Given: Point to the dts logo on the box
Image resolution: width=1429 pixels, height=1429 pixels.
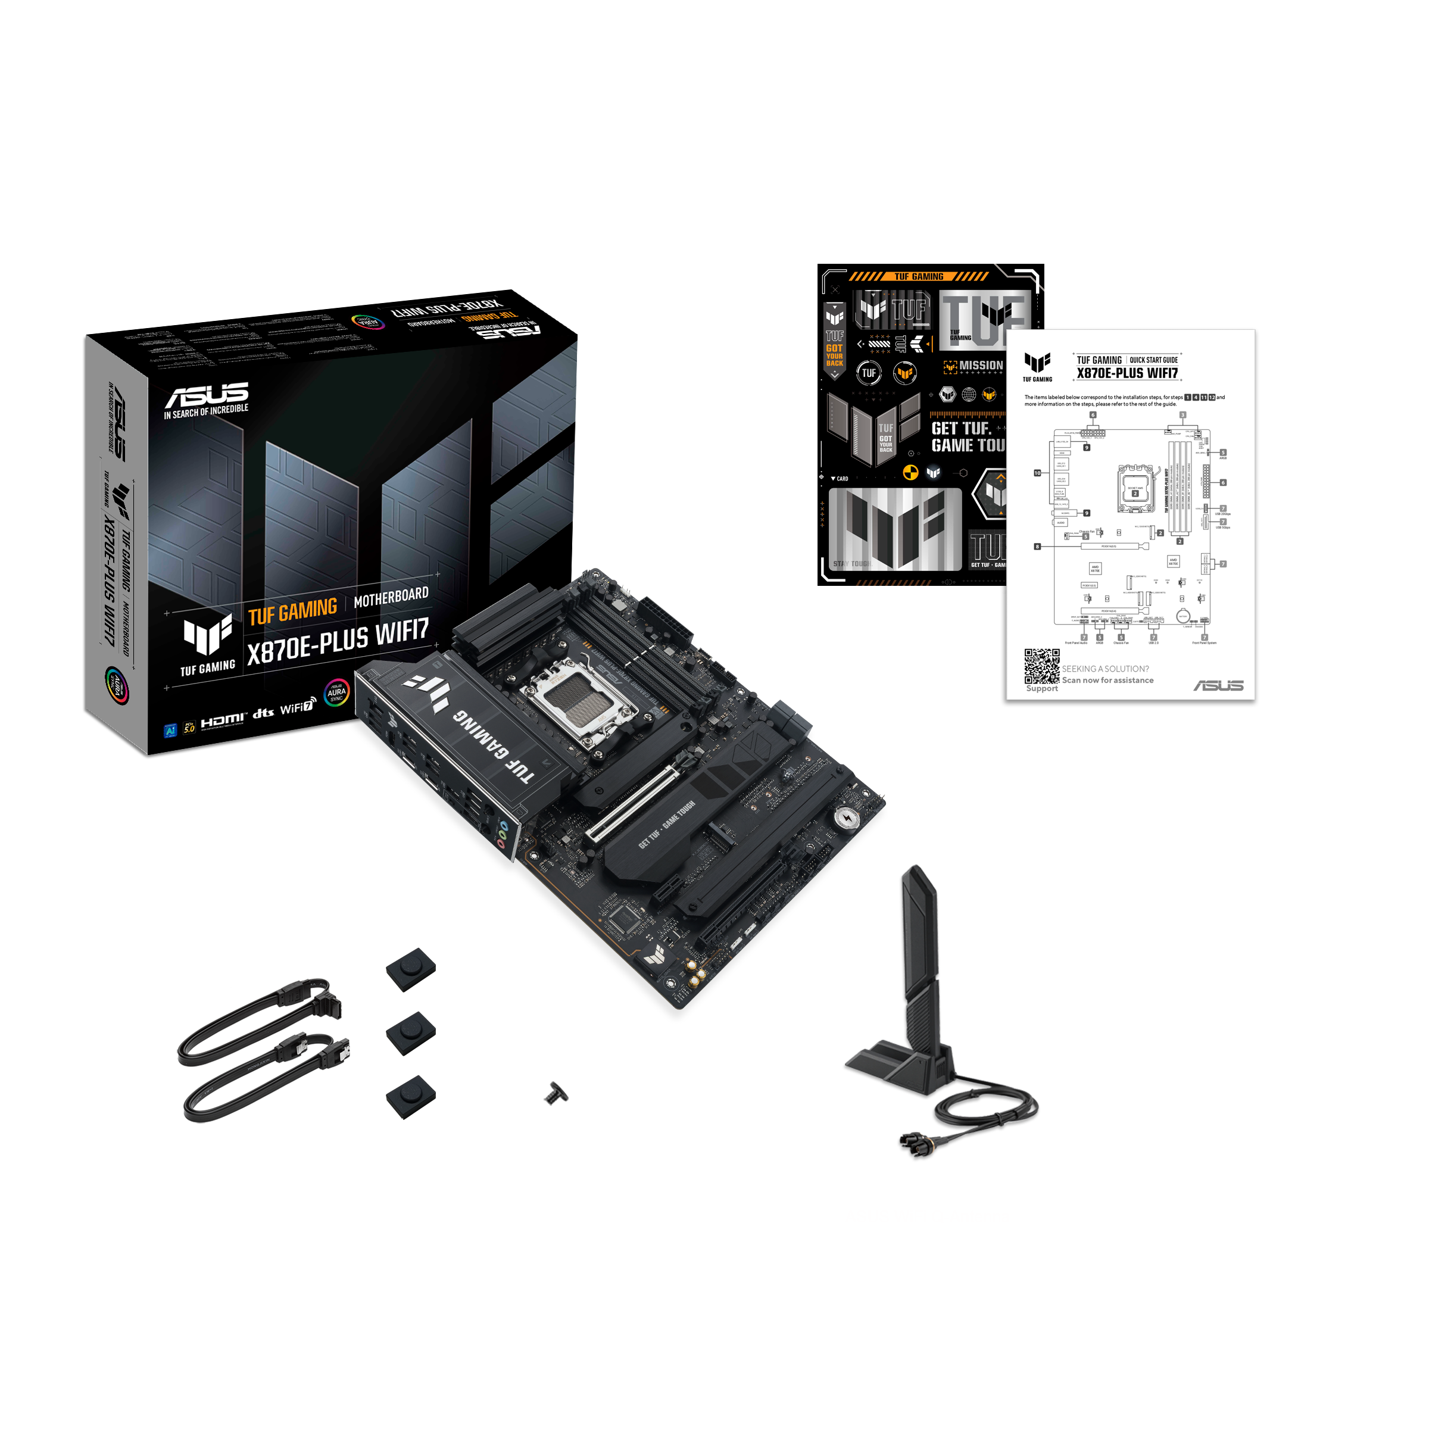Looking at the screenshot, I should point(263,713).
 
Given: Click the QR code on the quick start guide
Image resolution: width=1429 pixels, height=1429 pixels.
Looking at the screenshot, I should point(1041,666).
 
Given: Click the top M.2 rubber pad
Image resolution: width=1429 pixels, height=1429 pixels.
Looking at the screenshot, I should point(410,968).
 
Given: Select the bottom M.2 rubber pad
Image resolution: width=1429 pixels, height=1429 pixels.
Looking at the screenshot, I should point(410,1096).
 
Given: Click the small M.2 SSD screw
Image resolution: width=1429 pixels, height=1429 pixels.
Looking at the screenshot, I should point(556,1093).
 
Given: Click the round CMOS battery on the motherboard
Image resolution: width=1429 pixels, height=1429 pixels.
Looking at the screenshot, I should point(846,818).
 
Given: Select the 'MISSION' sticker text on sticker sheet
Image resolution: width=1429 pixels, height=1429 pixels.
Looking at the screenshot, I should point(980,366).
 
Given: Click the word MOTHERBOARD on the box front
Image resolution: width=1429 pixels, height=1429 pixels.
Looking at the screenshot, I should point(391,597).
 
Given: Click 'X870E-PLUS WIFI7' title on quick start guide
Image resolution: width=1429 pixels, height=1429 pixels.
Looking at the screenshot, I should point(1127,373).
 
